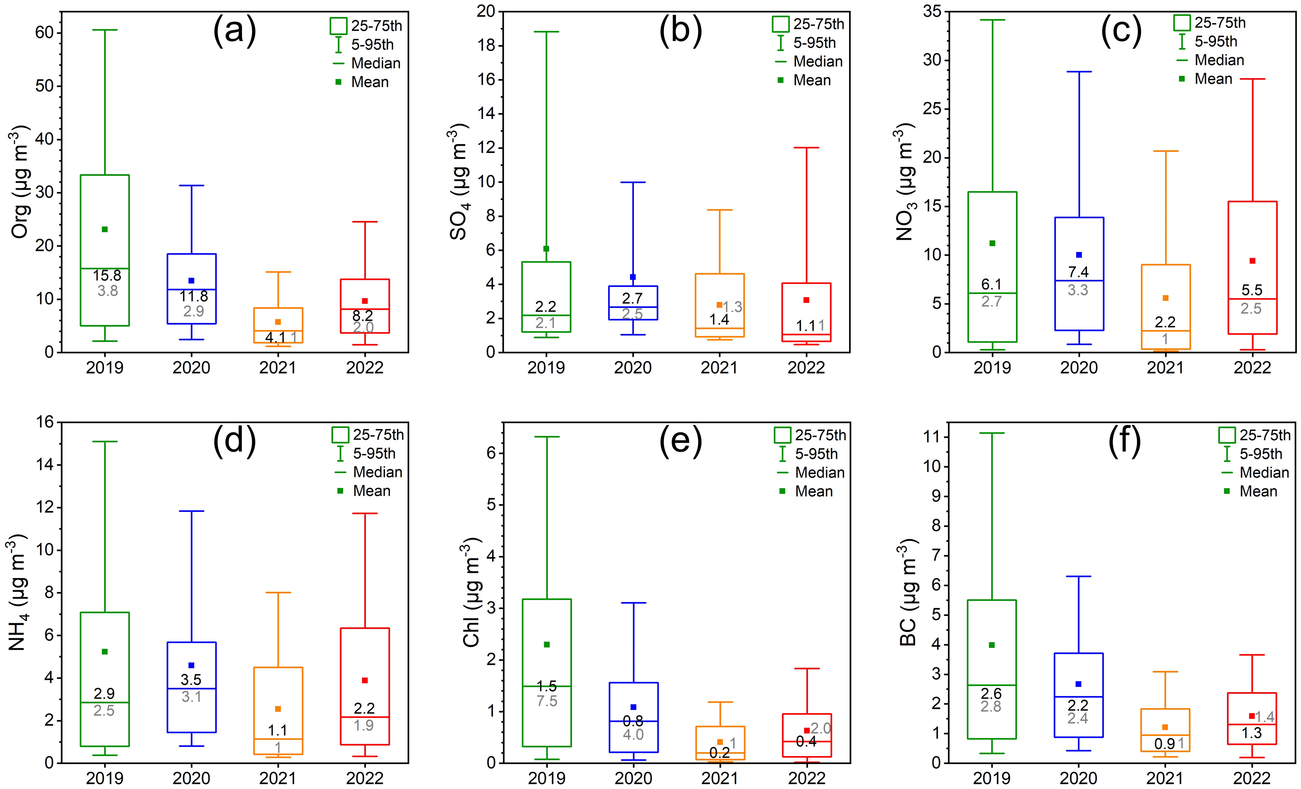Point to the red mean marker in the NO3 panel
(x=1252, y=261)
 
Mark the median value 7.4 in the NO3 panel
(x=1078, y=272)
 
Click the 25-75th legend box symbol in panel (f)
(x=1227, y=435)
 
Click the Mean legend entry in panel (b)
(x=812, y=80)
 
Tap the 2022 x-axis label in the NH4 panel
(x=364, y=778)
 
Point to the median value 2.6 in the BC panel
(x=991, y=693)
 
